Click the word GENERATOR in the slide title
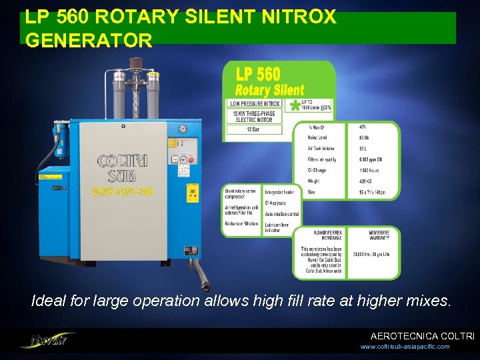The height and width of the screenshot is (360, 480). pyautogui.click(x=89, y=41)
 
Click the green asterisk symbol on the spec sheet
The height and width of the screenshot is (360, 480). pyautogui.click(x=293, y=106)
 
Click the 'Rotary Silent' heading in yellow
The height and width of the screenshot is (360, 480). pyautogui.click(x=269, y=89)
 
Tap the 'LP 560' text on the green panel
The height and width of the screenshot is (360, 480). pyautogui.click(x=258, y=73)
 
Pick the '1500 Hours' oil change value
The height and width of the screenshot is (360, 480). pyautogui.click(x=371, y=170)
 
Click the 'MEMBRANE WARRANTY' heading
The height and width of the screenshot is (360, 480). pyautogui.click(x=383, y=236)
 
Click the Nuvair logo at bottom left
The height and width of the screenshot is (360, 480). pyautogui.click(x=47, y=340)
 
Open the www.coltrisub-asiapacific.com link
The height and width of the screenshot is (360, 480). pyautogui.click(x=405, y=347)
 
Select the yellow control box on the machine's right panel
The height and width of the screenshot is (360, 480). pyautogui.click(x=193, y=193)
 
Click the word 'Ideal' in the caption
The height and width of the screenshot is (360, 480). pyautogui.click(x=49, y=301)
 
